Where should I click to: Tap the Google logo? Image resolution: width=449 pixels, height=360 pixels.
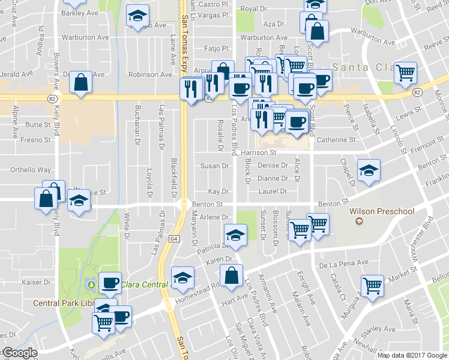[x=19, y=353]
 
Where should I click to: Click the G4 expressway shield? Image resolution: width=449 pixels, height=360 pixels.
[x=174, y=238]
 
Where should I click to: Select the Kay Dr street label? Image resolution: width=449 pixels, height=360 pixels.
[x=218, y=191]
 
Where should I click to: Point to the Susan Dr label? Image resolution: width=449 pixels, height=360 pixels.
[x=215, y=166]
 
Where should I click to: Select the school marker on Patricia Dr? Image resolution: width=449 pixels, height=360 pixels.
[x=236, y=235]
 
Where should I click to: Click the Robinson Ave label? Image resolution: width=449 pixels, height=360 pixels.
[x=150, y=75]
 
